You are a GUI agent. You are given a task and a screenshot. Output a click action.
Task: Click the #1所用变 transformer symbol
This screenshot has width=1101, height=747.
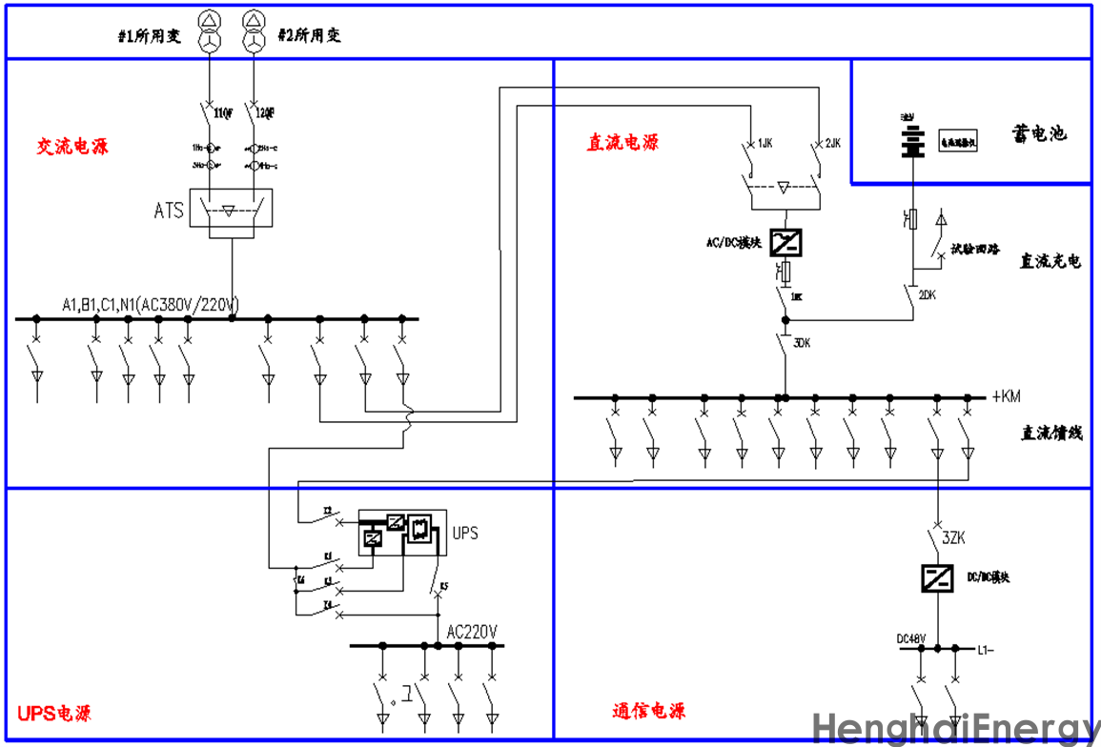pyautogui.click(x=210, y=31)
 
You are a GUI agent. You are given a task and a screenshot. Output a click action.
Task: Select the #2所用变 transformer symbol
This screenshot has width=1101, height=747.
pyautogui.click(x=254, y=31)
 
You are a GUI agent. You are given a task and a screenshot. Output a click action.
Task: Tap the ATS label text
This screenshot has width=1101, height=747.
pyautogui.click(x=169, y=211)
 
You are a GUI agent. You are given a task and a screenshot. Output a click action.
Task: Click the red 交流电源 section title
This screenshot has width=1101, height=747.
pyautogui.click(x=72, y=147)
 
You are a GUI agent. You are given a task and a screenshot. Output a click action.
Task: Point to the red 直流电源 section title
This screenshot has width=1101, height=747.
pyautogui.click(x=622, y=143)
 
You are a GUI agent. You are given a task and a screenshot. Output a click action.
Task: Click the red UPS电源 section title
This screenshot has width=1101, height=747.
pyautogui.click(x=54, y=713)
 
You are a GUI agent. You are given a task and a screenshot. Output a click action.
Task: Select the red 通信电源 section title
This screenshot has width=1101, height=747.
pyautogui.click(x=649, y=711)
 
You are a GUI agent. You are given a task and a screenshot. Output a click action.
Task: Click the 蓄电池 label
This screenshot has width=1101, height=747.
pyautogui.click(x=1038, y=134)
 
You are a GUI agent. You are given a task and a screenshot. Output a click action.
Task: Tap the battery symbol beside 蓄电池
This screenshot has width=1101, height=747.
pyautogui.click(x=912, y=139)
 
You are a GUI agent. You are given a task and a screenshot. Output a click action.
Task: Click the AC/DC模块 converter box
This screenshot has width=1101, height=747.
pyautogui.click(x=785, y=242)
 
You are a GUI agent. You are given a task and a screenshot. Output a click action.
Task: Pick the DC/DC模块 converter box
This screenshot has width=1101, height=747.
pyautogui.click(x=937, y=577)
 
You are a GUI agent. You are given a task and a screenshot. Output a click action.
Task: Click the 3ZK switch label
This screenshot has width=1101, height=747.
pyautogui.click(x=954, y=538)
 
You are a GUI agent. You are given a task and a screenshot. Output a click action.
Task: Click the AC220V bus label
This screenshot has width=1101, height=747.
pyautogui.click(x=473, y=631)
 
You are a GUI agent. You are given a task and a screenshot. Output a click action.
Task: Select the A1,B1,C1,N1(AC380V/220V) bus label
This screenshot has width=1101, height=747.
pyautogui.click(x=151, y=305)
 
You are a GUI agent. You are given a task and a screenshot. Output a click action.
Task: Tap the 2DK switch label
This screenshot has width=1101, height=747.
pyautogui.click(x=927, y=295)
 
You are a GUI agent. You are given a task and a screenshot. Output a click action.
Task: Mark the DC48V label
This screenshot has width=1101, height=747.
pyautogui.click(x=911, y=637)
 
